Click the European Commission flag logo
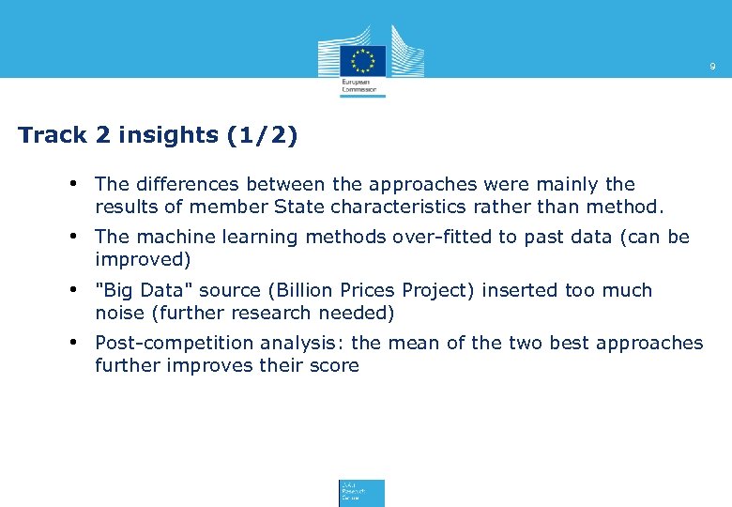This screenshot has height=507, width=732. click(362, 59)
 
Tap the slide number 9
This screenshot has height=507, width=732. click(712, 67)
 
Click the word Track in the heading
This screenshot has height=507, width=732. click(53, 135)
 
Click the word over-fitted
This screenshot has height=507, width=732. click(434, 237)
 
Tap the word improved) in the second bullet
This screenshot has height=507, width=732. click(143, 259)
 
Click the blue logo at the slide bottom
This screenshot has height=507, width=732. click(361, 493)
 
